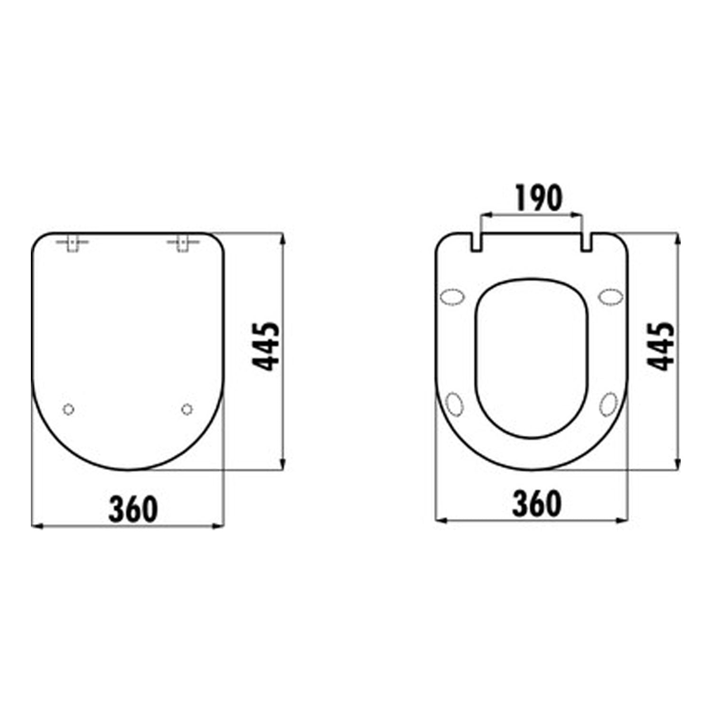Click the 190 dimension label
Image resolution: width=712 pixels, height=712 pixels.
pos(539,198)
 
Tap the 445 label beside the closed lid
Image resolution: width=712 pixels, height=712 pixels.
pos(266,347)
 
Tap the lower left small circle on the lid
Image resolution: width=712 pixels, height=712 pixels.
pos(69,409)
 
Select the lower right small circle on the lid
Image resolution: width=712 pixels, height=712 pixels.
pos(187,409)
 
